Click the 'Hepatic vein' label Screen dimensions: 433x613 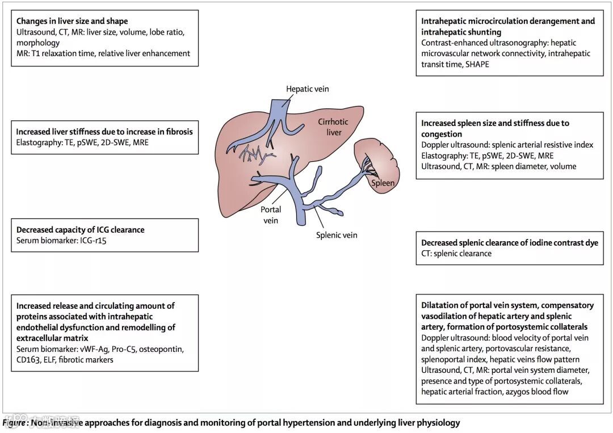tap(307, 89)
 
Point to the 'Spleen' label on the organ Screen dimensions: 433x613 tap(383, 183)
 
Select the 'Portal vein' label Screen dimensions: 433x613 tap(271, 215)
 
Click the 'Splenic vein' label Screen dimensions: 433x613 tap(337, 235)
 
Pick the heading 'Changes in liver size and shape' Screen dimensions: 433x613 tap(72, 22)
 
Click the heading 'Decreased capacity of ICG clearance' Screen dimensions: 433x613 tap(81, 230)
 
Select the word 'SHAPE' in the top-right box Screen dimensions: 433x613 tap(477, 64)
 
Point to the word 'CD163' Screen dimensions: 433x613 tap(29, 360)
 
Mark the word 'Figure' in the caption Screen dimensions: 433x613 tap(14, 423)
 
